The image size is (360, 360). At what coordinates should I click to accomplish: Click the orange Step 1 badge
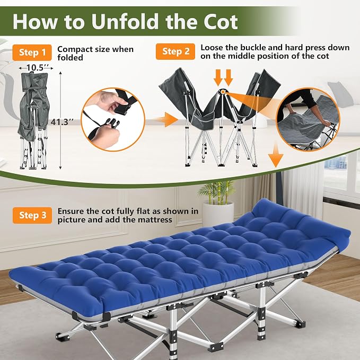(32, 52)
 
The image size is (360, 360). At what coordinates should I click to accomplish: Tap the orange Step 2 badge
(175, 51)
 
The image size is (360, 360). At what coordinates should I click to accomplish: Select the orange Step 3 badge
(32, 215)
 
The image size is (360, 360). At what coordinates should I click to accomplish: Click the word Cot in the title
(220, 22)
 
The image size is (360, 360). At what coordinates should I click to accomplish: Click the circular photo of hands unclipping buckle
(113, 119)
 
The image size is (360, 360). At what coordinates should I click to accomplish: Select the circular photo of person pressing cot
(308, 119)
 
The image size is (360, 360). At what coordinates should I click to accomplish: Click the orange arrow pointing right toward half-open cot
(166, 120)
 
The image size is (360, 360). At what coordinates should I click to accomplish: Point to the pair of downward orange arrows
(223, 77)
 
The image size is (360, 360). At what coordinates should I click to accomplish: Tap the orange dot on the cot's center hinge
(223, 92)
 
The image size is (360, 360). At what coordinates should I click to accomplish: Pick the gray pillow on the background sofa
(340, 94)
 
